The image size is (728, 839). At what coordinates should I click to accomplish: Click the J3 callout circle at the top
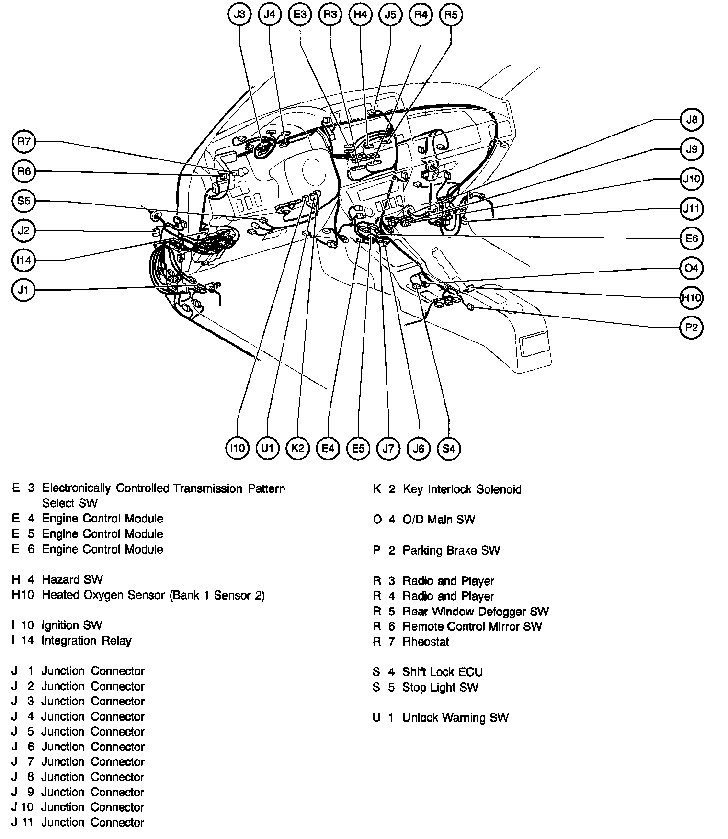click(x=239, y=14)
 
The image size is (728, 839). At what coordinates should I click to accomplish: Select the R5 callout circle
click(x=451, y=14)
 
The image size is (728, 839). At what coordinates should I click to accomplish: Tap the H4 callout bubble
click(x=360, y=14)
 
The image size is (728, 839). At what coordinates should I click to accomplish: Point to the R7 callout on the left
click(x=24, y=141)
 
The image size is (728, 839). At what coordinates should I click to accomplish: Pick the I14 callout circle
click(x=24, y=260)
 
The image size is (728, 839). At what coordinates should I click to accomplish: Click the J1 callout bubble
click(x=24, y=290)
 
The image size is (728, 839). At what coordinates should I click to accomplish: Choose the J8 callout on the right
click(x=692, y=119)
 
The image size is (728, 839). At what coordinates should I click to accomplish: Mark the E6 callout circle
click(x=692, y=238)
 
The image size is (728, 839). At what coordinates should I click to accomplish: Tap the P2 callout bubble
click(x=692, y=328)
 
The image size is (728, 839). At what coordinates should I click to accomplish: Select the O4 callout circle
click(x=692, y=268)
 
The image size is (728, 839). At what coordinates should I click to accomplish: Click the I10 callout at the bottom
click(x=238, y=448)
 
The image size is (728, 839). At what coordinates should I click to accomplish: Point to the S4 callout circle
click(x=449, y=448)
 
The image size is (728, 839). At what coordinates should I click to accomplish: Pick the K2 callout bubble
click(x=298, y=448)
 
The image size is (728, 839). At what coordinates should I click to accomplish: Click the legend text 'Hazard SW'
click(x=72, y=579)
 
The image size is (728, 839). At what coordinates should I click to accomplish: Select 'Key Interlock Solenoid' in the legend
click(x=462, y=489)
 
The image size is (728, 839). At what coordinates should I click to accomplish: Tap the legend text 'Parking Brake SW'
click(x=451, y=550)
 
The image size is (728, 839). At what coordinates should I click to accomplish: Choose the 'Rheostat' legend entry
click(x=426, y=641)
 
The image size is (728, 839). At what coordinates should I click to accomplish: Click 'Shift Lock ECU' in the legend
click(x=442, y=672)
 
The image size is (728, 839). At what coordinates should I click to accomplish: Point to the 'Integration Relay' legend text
click(x=86, y=640)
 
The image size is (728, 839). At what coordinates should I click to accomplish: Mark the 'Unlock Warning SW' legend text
click(x=455, y=717)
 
